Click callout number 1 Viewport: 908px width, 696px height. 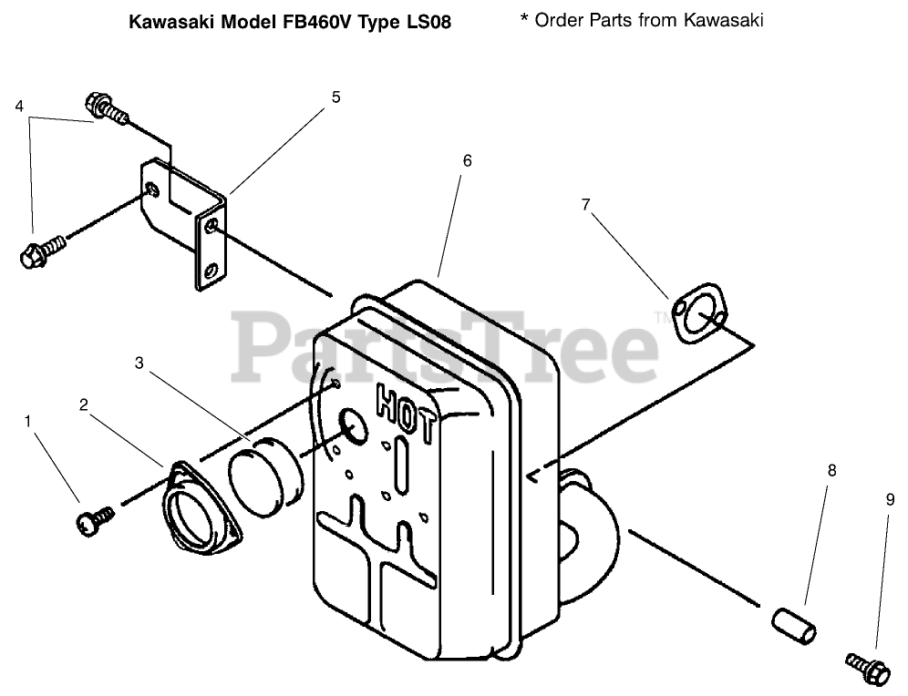(27, 421)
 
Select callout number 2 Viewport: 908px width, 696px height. (83, 404)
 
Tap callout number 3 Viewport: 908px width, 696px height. (139, 363)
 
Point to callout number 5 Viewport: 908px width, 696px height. (335, 97)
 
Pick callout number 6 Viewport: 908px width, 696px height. (467, 160)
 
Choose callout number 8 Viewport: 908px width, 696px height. (831, 471)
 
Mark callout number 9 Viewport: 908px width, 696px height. (890, 498)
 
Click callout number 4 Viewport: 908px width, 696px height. (19, 106)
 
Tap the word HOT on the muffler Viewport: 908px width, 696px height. (406, 404)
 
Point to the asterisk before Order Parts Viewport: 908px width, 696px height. (524, 18)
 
